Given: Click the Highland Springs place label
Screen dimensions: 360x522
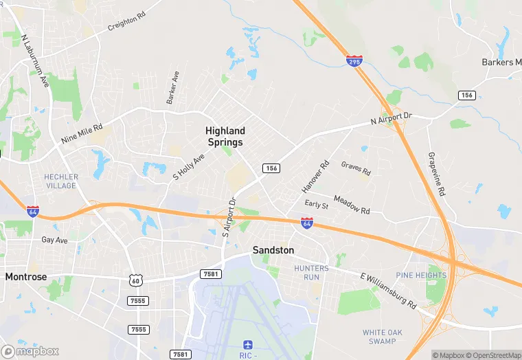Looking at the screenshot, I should click(225, 136).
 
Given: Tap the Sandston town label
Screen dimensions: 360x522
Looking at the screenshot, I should click(273, 250).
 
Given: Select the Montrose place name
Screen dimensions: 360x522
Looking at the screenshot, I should click(26, 277).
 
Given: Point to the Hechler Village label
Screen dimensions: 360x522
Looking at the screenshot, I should click(61, 181).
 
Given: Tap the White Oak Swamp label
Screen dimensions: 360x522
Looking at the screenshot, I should click(379, 337).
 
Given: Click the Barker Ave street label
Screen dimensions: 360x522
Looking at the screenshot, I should click(172, 87).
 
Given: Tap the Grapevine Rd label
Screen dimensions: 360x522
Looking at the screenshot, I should click(437, 175).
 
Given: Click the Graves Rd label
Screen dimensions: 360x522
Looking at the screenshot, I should click(356, 168).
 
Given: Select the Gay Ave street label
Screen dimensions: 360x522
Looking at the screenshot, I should click(54, 240).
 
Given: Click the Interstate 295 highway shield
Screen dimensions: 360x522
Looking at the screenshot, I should click(354, 61).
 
